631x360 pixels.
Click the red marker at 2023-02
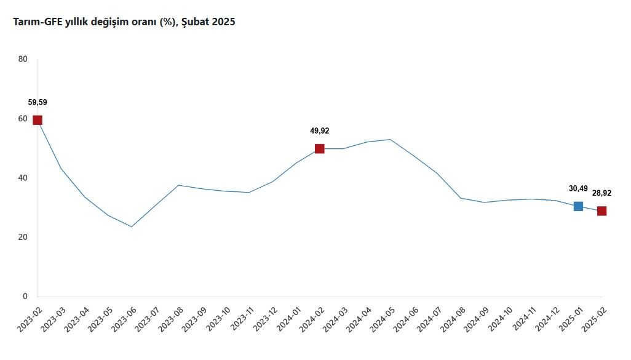[38, 120]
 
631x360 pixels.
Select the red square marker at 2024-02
[320, 148]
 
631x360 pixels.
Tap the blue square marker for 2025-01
[578, 206]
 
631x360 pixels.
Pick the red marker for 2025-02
[601, 211]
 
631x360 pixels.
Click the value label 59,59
[38, 102]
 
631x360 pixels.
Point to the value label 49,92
[320, 130]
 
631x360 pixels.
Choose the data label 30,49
[578, 188]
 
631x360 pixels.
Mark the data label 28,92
[601, 193]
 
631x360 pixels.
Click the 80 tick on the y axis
[23, 59]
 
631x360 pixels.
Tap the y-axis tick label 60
[23, 118]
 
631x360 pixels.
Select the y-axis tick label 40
[23, 178]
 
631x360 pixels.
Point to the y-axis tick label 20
[23, 237]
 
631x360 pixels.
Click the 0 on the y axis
[25, 296]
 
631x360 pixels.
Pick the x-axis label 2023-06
[124, 319]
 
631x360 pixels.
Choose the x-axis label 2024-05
[383, 319]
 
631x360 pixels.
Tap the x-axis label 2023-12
[265, 319]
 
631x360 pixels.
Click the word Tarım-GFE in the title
[38, 22]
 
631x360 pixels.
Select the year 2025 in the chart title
[223, 22]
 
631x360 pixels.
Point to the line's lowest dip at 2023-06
[131, 226]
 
